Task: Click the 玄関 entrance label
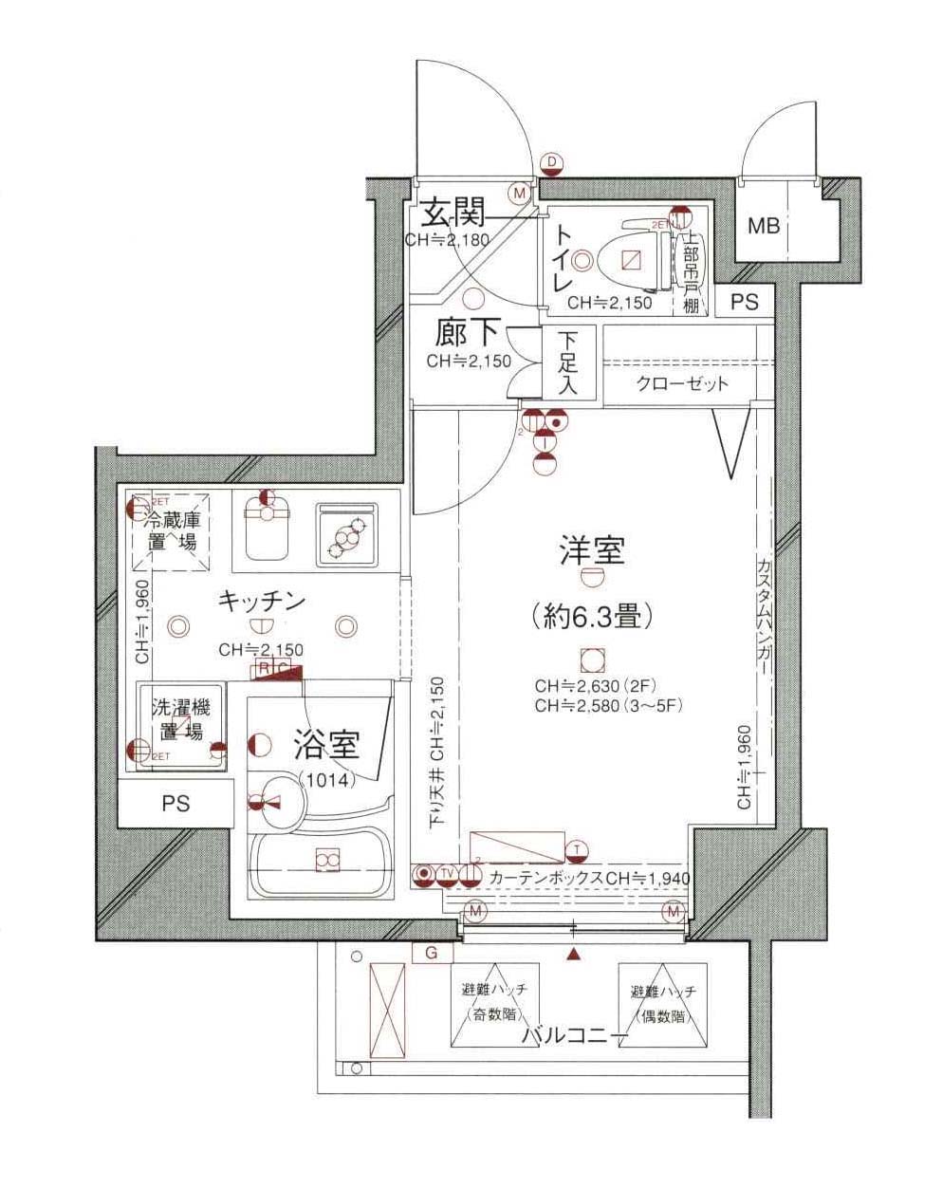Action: pos(453,212)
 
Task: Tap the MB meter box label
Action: pos(764,227)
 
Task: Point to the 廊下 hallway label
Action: pos(467,333)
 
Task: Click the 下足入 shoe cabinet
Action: pos(567,362)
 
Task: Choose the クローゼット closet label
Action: pos(682,383)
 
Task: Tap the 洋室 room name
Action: pos(593,550)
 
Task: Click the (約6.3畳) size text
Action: pos(593,617)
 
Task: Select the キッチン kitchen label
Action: pos(261,601)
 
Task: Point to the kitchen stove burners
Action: pos(346,534)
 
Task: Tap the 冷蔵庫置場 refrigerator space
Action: pos(172,531)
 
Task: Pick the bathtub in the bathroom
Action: pos(323,862)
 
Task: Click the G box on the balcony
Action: pos(432,953)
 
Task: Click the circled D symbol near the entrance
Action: pos(552,163)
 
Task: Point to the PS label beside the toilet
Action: pos(746,303)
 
